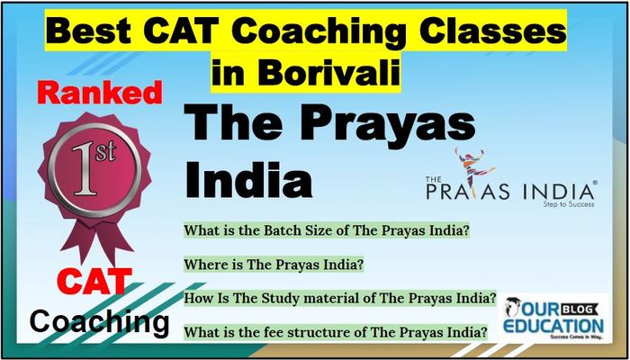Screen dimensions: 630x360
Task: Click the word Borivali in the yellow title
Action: tap(329, 73)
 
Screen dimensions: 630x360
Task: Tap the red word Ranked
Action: tap(101, 94)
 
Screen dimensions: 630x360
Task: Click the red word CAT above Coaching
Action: tap(94, 281)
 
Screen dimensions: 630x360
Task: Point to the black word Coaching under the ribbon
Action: tap(99, 321)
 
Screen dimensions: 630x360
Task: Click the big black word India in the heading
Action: tap(247, 180)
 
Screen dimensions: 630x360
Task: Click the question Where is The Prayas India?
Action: tap(274, 265)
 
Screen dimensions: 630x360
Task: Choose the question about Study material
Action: tap(340, 299)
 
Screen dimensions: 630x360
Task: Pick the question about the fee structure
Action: tap(336, 332)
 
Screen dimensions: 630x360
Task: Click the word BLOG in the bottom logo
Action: tap(580, 309)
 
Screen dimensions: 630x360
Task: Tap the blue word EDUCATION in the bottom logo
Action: tap(553, 326)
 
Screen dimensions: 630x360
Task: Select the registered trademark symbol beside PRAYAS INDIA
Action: tap(595, 182)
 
